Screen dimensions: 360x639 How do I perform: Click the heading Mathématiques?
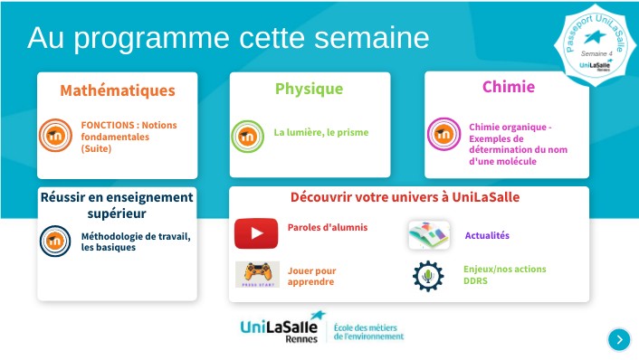[118, 90]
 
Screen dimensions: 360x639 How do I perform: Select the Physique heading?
[309, 89]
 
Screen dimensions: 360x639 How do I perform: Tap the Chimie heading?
[508, 87]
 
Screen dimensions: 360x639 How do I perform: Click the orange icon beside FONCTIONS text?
[56, 135]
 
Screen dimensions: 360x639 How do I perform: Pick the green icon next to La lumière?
[247, 135]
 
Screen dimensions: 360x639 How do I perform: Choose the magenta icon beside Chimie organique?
[443, 135]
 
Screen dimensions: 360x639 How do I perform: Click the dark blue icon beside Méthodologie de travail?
[56, 241]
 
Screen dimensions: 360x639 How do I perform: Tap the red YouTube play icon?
[256, 233]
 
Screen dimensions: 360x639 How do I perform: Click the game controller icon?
[257, 274]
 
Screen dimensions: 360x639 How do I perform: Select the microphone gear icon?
[428, 275]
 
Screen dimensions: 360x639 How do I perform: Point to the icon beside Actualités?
[428, 235]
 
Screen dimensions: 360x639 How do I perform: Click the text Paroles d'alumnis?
[328, 227]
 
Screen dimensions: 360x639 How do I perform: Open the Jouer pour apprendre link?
[312, 276]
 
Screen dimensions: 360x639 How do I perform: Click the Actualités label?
[487, 236]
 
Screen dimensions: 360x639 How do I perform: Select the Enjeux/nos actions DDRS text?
[504, 275]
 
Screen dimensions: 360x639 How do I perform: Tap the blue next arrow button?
[619, 339]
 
